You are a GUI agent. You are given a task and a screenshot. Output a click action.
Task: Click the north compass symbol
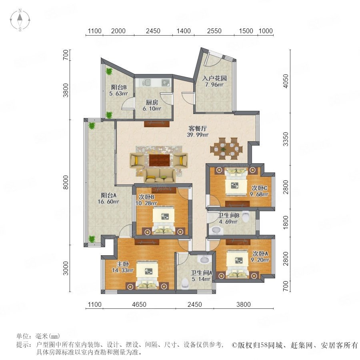(20, 20)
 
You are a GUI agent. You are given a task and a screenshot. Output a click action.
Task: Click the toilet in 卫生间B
(246, 216)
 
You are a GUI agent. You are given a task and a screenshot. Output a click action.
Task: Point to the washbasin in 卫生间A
(206, 259)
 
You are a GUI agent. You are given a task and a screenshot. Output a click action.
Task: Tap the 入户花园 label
(214, 78)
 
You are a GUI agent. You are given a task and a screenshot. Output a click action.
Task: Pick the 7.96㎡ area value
(214, 84)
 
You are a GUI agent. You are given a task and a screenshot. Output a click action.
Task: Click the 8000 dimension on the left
(66, 182)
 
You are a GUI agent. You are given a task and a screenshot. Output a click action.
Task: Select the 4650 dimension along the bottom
(139, 304)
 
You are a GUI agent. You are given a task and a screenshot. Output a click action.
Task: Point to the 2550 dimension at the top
(214, 31)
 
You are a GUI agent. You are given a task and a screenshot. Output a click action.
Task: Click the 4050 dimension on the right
(286, 81)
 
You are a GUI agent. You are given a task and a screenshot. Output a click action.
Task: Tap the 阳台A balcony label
(108, 195)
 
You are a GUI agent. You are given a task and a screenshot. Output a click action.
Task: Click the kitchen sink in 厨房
(166, 82)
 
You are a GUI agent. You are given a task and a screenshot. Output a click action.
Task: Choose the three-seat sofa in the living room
(160, 176)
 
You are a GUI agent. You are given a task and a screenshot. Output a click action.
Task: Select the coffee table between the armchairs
(160, 160)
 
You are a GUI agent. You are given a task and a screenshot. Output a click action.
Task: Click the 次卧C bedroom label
(260, 188)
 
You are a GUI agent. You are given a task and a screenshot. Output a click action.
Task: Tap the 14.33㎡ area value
(123, 270)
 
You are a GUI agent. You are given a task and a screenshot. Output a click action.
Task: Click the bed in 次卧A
(237, 264)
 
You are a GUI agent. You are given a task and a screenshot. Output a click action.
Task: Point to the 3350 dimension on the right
(286, 139)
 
